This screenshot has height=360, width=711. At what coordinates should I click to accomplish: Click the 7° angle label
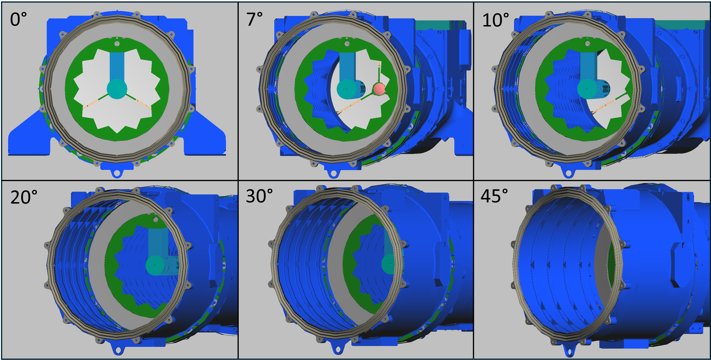click(x=254, y=19)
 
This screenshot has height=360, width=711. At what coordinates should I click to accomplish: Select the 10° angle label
click(x=495, y=20)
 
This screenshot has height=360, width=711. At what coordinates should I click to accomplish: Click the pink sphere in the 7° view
click(x=379, y=89)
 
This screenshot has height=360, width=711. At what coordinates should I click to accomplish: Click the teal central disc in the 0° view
click(x=117, y=89)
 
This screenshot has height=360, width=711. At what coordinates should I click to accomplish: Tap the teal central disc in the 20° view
click(x=155, y=265)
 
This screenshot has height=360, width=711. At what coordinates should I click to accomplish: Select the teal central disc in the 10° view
click(x=587, y=89)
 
